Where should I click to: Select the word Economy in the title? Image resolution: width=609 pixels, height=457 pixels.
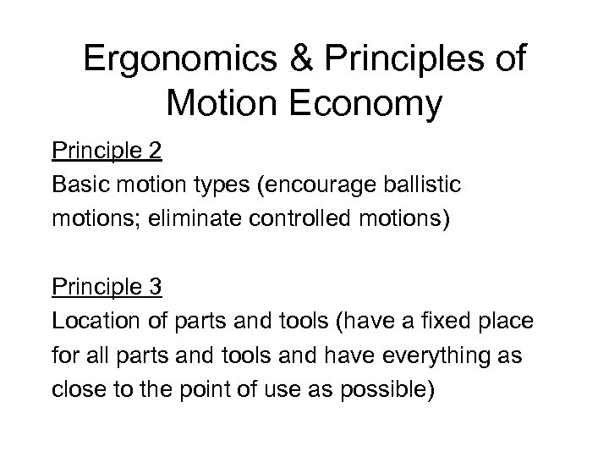click(x=364, y=106)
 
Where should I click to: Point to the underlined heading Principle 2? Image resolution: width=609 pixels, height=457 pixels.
click(x=107, y=153)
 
